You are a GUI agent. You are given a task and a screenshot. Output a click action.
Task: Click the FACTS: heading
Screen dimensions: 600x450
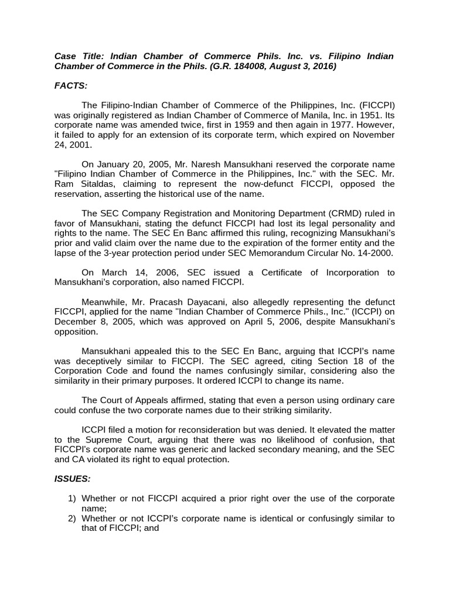point(70,86)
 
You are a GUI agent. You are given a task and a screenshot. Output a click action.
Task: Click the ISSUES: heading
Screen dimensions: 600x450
point(73,479)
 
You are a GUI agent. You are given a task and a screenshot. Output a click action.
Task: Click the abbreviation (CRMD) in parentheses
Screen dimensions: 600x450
point(336,213)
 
